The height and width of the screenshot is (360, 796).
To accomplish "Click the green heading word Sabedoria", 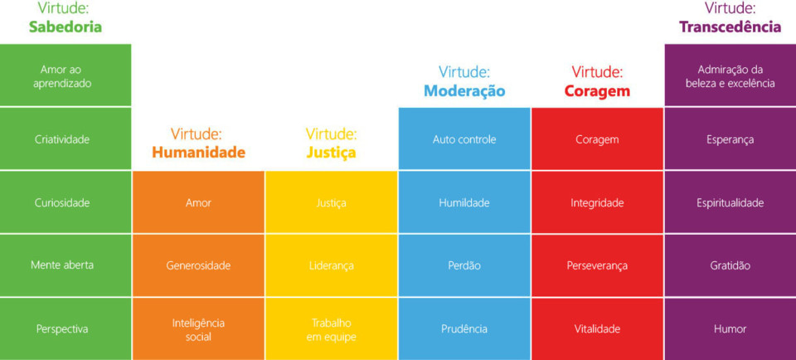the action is click(66, 27).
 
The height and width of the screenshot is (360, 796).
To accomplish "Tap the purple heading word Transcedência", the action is click(730, 27).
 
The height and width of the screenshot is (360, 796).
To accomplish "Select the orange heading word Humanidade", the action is click(198, 153).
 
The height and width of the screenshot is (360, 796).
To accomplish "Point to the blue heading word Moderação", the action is click(464, 91).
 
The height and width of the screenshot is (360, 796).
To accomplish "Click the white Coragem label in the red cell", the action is click(597, 139).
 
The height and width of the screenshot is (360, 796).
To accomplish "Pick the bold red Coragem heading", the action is click(597, 91).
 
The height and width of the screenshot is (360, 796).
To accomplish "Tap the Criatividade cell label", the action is click(62, 139).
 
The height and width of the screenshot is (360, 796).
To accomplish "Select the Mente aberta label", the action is click(62, 265).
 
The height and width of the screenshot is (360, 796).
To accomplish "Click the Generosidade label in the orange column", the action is click(198, 265).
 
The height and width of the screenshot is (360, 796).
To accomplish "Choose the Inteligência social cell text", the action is click(198, 329).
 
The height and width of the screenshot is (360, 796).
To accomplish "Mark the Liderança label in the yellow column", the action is click(332, 265).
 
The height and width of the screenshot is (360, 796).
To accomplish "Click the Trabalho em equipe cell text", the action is click(332, 329).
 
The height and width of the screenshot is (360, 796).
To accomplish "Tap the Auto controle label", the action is click(464, 139).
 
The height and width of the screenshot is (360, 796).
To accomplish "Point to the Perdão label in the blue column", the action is click(464, 265).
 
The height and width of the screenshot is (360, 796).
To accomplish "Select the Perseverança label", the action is click(597, 265).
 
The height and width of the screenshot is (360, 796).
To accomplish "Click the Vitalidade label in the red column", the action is click(597, 329).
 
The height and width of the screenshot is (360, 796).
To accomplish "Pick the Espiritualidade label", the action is click(730, 203).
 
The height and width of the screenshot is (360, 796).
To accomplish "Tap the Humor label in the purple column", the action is click(730, 329).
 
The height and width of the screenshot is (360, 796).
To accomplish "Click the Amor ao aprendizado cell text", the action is click(62, 76).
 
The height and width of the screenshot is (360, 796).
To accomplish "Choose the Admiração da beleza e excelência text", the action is click(730, 76).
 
